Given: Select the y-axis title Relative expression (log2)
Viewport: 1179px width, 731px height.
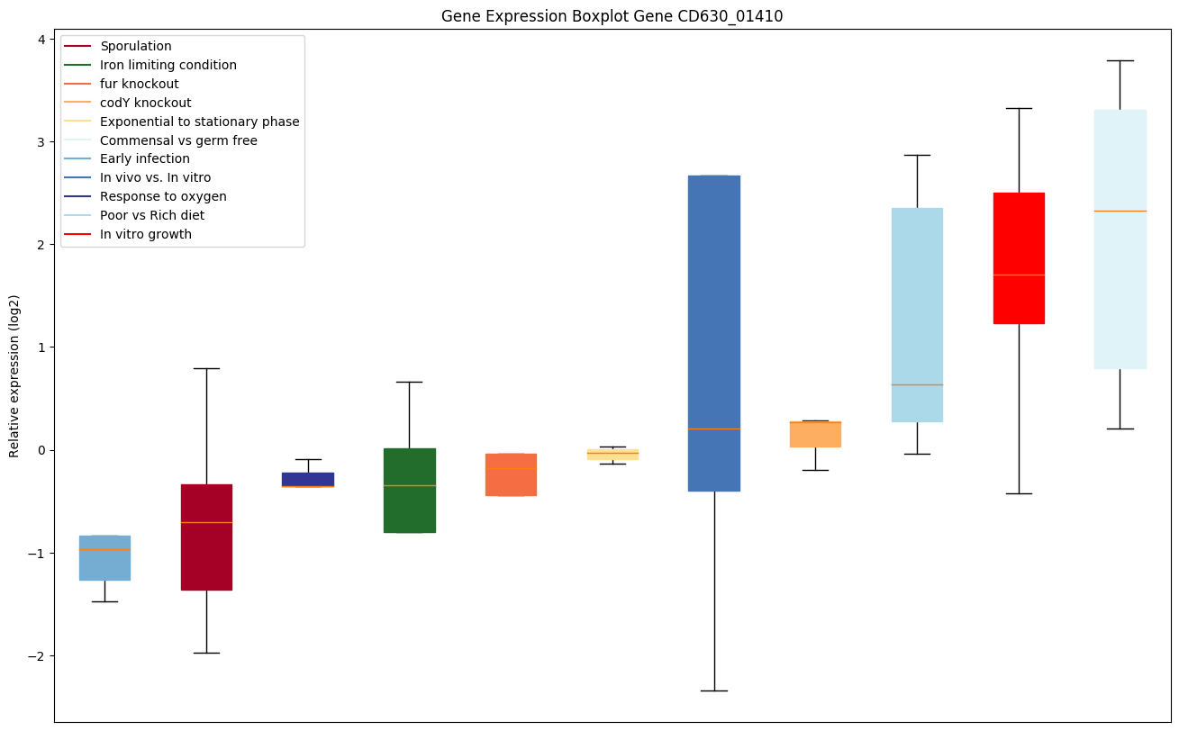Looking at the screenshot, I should pyautogui.click(x=14, y=376).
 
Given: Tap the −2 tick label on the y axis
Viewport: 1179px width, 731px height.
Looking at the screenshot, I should pyautogui.click(x=36, y=656).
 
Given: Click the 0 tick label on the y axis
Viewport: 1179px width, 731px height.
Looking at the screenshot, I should pyautogui.click(x=41, y=450).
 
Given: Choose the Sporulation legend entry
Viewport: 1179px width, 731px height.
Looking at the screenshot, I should pyautogui.click(x=136, y=46).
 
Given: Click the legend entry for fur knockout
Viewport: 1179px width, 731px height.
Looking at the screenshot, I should pyautogui.click(x=140, y=84).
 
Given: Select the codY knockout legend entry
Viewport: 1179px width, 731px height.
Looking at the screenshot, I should pyautogui.click(x=146, y=103).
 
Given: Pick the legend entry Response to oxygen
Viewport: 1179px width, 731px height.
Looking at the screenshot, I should pyautogui.click(x=163, y=196).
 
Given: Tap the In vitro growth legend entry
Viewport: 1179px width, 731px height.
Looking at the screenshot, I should pyautogui.click(x=146, y=234).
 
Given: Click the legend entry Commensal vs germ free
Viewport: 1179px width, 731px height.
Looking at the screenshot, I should pyautogui.click(x=178, y=140).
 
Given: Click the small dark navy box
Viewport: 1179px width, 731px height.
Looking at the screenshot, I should pyautogui.click(x=308, y=478).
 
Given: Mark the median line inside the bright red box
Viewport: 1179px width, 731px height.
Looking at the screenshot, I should pyautogui.click(x=1019, y=275).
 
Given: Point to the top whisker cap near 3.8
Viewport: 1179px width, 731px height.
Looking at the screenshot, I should pyautogui.click(x=1120, y=60).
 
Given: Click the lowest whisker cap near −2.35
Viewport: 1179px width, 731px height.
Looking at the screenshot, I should pyautogui.click(x=714, y=690).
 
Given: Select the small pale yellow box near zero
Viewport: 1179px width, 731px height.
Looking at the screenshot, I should pyautogui.click(x=612, y=455).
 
